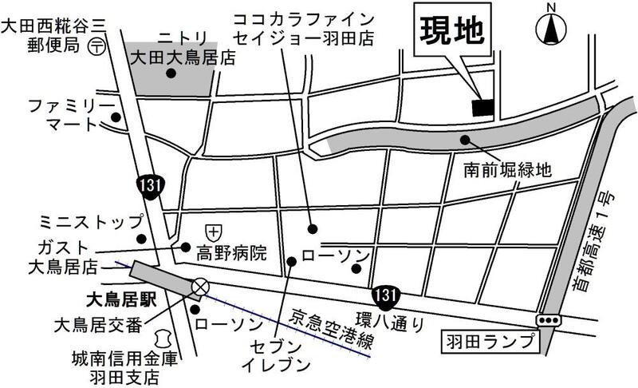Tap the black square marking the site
pos(483,107)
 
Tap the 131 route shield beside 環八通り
pos(386,295)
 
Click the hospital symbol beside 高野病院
pos(213,229)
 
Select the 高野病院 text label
pos(231,255)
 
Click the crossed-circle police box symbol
pos(201,286)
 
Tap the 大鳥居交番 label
pos(97,325)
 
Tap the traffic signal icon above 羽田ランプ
pos(548,319)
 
